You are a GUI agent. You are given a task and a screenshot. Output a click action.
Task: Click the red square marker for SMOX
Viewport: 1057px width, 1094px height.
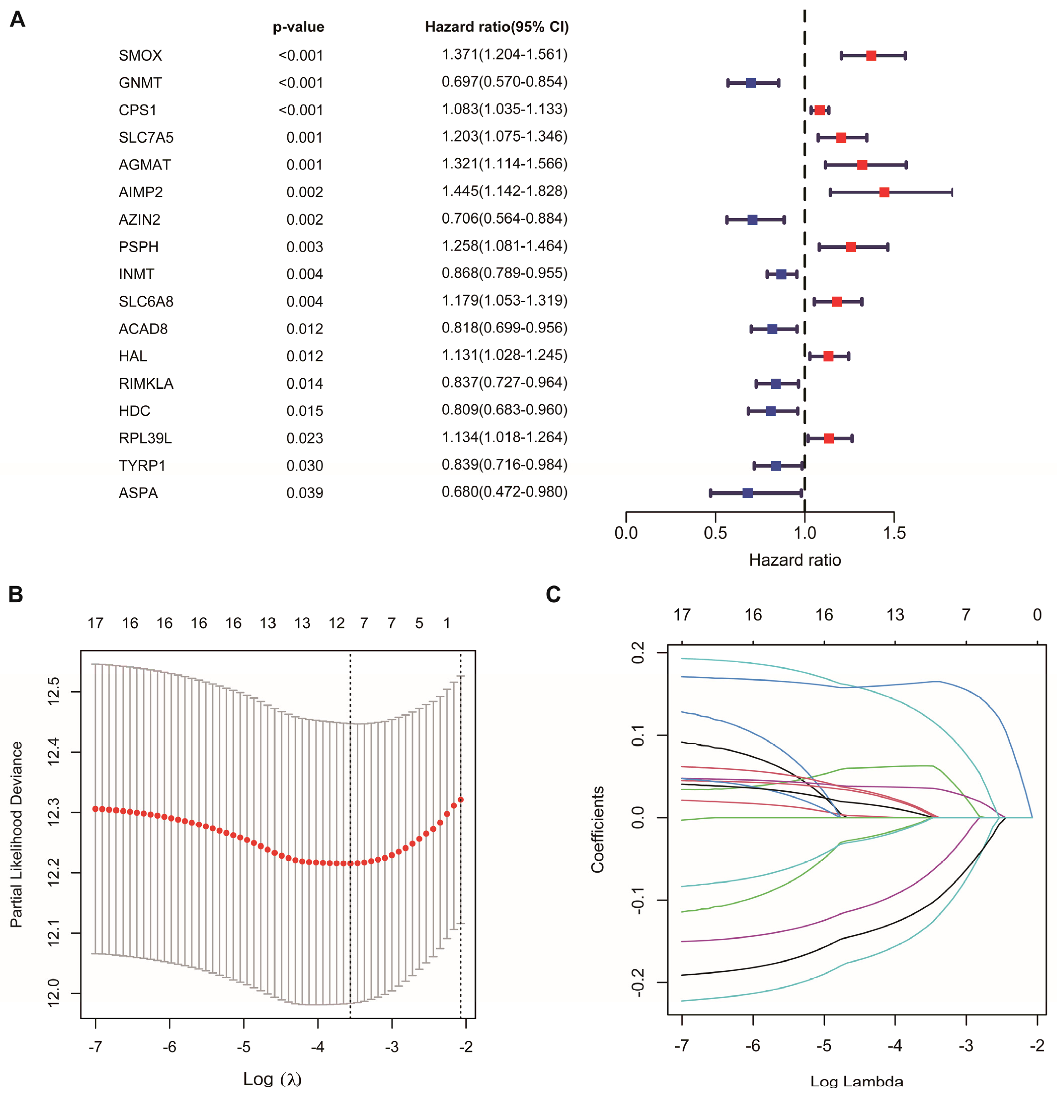(871, 55)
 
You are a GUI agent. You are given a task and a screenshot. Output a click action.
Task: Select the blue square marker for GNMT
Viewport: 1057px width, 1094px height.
(751, 83)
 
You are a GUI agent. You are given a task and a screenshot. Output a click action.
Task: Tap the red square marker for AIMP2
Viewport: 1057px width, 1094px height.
(884, 192)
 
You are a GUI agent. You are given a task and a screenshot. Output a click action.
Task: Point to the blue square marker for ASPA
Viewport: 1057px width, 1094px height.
(748, 493)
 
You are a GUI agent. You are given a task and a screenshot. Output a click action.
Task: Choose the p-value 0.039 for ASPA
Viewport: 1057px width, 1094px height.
(304, 493)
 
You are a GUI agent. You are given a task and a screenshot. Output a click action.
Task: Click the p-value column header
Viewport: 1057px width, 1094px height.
(298, 27)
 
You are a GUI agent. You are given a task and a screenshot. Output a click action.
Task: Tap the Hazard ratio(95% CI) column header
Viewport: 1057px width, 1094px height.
(496, 27)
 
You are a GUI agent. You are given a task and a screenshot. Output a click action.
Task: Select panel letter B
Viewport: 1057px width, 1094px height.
(16, 594)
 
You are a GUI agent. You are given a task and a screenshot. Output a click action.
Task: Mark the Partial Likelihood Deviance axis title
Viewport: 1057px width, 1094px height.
(17, 834)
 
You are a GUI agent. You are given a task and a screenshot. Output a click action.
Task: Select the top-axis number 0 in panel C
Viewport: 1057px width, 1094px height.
(1037, 615)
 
